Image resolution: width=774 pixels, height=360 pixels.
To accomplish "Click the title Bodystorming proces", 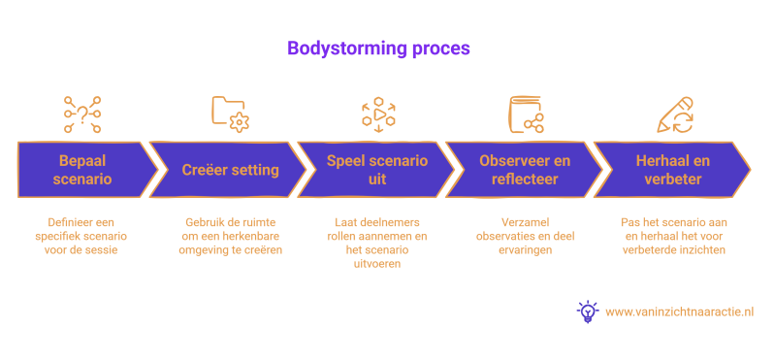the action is (x=378, y=49).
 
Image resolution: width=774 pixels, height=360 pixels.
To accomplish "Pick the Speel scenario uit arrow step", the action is (x=376, y=170).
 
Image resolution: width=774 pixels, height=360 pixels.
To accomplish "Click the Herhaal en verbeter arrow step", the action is (x=672, y=170).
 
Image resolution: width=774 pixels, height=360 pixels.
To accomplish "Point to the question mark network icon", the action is (x=82, y=115).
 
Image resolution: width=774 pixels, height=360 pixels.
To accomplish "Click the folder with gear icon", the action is (x=230, y=115).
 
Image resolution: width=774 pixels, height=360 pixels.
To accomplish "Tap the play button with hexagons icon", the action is (x=378, y=115).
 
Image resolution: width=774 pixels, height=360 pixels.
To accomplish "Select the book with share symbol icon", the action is (x=527, y=115).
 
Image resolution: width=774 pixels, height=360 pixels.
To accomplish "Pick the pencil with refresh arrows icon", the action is (x=675, y=115).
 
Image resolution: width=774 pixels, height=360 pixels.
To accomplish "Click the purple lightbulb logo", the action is (x=588, y=311).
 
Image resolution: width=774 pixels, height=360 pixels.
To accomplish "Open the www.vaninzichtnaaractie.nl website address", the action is (x=679, y=312).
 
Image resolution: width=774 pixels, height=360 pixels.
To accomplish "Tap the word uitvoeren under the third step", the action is (x=377, y=264).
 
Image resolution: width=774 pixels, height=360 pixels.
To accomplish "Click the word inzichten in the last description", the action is (x=705, y=250).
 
